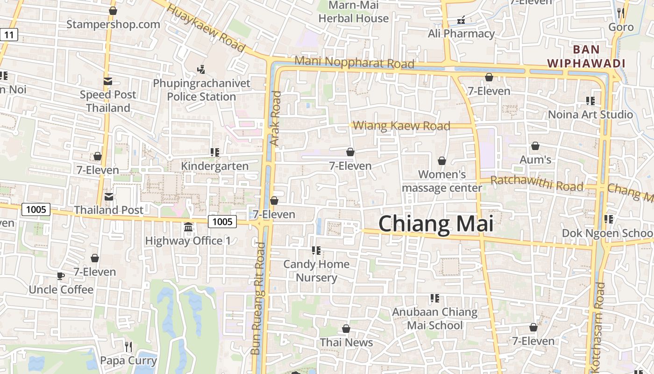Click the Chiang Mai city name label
435,223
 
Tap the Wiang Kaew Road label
401,126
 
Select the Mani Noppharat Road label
355,62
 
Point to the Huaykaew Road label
206,28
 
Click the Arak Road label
276,119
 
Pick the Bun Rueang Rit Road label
258,298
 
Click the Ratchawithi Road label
537,183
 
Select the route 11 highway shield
9,34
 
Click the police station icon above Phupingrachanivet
201,70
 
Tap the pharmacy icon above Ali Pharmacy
461,20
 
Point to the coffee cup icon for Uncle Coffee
61,276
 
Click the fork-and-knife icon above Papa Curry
128,346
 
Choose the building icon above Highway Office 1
188,227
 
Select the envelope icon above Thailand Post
109,196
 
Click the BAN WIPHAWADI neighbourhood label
586,56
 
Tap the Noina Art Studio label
590,115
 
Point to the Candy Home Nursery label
316,271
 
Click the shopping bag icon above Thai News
346,329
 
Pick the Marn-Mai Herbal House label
354,12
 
